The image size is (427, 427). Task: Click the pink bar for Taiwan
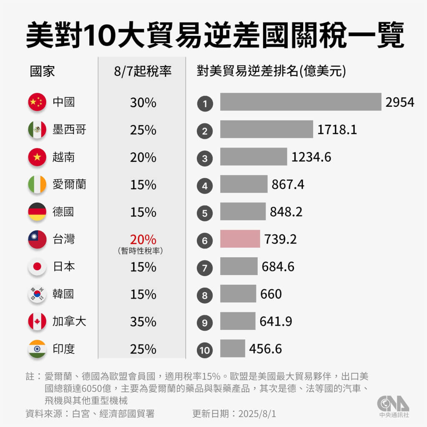(240, 239)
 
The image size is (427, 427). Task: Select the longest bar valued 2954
(301, 102)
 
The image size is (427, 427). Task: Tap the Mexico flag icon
(37, 130)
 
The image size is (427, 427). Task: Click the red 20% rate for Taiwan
(143, 240)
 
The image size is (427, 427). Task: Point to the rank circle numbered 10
(205, 349)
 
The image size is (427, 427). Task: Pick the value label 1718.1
(337, 130)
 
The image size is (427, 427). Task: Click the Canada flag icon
(37, 322)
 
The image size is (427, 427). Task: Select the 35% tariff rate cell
(143, 322)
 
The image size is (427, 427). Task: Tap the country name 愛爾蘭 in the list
(69, 184)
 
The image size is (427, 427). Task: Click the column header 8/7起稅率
(143, 71)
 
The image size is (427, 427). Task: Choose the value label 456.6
(265, 349)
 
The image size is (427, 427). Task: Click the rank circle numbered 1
(205, 103)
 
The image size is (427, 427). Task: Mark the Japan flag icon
(37, 267)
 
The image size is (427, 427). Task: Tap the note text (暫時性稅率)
(140, 251)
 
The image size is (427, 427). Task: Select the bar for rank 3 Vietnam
(254, 157)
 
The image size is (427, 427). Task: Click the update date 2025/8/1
(257, 414)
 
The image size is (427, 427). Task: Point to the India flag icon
(37, 349)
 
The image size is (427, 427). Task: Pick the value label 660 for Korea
(271, 294)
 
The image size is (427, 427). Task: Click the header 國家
(42, 71)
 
